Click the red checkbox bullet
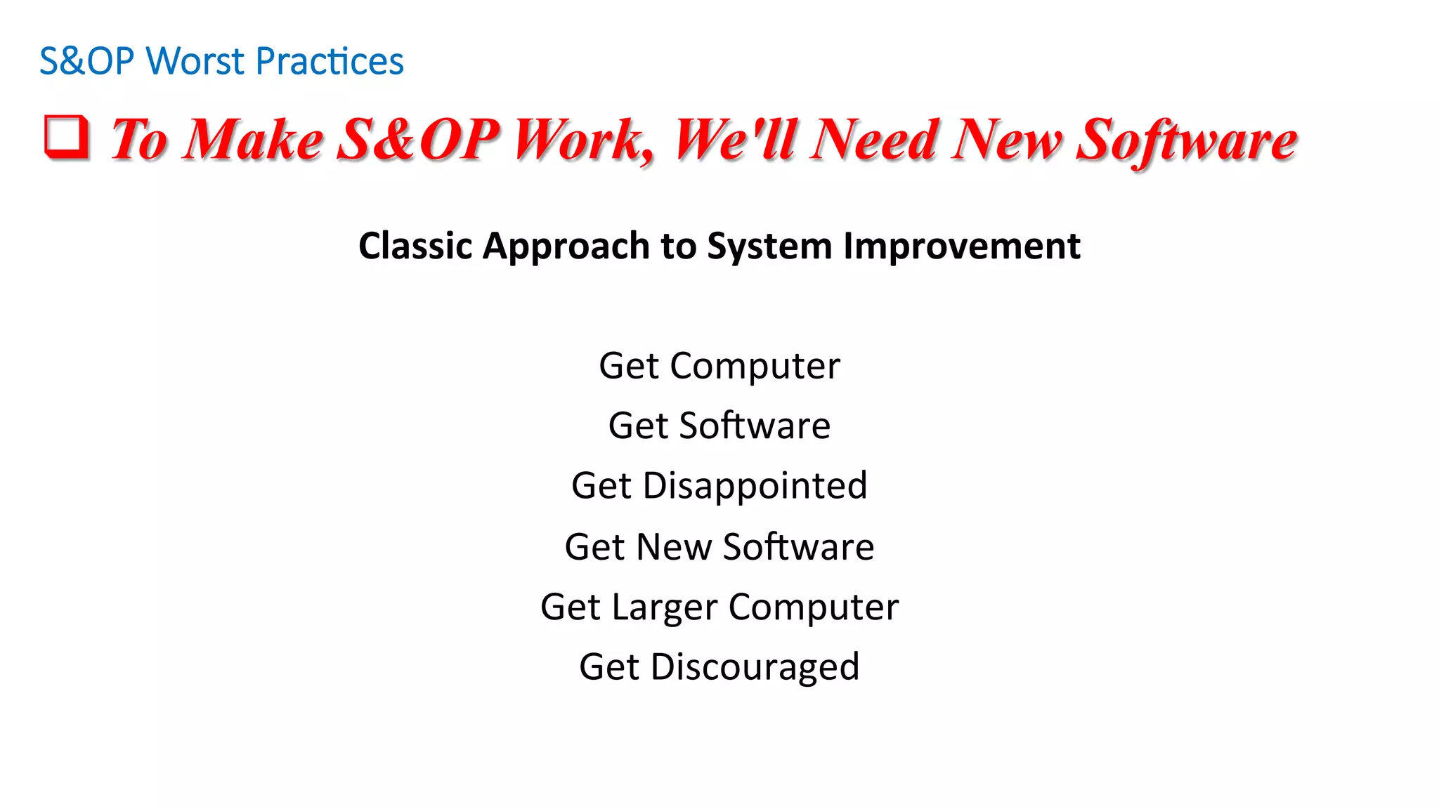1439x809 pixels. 67,137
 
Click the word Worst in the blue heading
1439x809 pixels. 195,61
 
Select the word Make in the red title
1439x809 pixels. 253,140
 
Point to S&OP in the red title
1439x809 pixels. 418,140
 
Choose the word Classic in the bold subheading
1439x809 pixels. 415,246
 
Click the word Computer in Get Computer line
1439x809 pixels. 755,367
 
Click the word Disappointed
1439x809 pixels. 755,487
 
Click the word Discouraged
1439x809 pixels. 755,667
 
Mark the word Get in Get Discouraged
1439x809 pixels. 609,667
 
